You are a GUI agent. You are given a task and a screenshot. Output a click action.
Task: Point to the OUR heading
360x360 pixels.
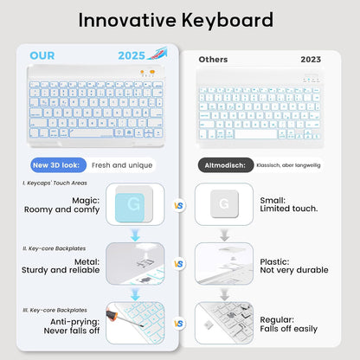[42, 56]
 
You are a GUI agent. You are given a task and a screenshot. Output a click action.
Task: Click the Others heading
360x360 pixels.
[213, 60]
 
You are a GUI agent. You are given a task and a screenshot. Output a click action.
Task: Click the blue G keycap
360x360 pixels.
[134, 206]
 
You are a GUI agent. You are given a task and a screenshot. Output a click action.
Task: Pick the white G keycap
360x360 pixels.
[224, 206]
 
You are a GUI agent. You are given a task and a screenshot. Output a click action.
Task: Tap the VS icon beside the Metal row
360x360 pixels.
[179, 263]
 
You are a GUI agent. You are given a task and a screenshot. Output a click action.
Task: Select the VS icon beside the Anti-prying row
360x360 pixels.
[179, 323]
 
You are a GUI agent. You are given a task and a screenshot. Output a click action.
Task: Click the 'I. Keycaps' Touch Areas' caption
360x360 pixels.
[56, 183]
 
